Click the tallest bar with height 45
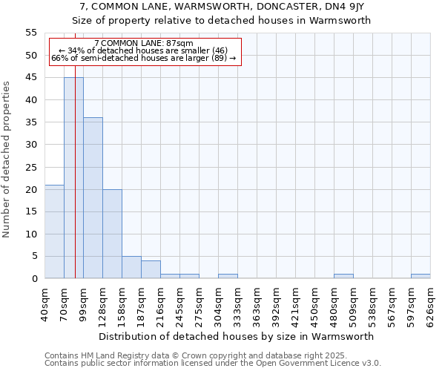tap(73, 178)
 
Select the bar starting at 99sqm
tap(93, 198)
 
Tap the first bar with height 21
tap(54, 232)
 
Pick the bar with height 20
tap(112, 234)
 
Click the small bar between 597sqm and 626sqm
tap(421, 276)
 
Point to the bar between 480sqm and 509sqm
tap(343, 276)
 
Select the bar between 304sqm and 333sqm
tap(228, 276)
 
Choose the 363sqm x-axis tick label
tap(257, 302)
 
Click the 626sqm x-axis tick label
tap(431, 302)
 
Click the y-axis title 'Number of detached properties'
tap(7, 160)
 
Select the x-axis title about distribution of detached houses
tap(237, 336)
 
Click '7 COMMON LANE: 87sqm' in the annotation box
tap(144, 44)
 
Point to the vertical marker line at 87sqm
tap(75, 185)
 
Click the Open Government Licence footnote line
tap(212, 364)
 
